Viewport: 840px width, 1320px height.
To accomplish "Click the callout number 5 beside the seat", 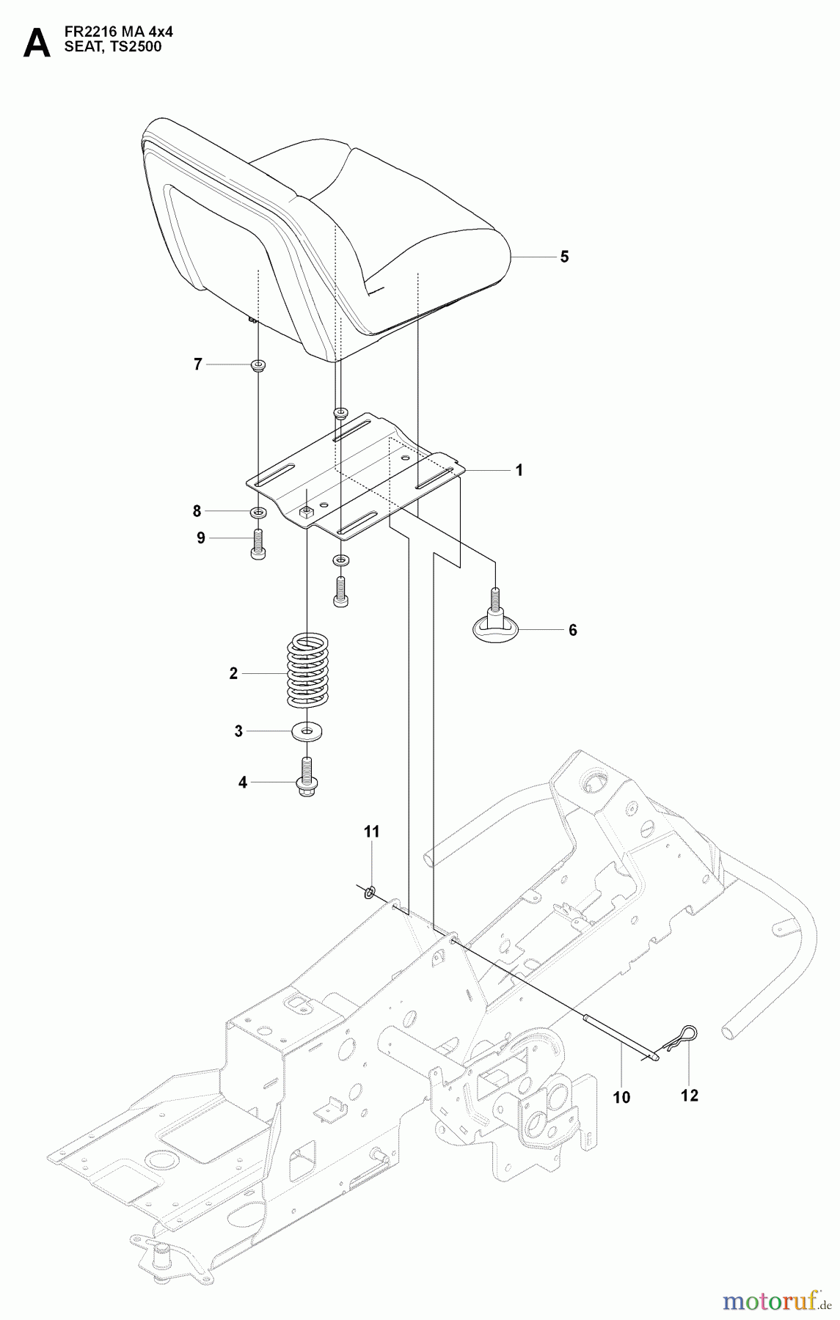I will pos(564,257).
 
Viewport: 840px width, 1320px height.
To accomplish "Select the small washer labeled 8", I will pos(258,511).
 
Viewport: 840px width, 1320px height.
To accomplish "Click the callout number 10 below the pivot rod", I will pos(622,1097).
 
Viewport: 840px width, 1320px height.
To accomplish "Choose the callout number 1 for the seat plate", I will pos(519,470).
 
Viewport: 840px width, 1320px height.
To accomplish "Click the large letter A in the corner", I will pos(37,44).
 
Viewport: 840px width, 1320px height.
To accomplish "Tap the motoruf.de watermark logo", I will pos(775,1300).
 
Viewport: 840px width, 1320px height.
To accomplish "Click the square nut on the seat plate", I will pos(307,510).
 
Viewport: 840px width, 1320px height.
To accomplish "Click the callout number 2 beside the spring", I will pos(233,673).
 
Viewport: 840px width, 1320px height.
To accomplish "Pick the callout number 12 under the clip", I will pos(689,1096).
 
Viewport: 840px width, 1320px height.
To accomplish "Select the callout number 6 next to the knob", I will pos(573,630).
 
